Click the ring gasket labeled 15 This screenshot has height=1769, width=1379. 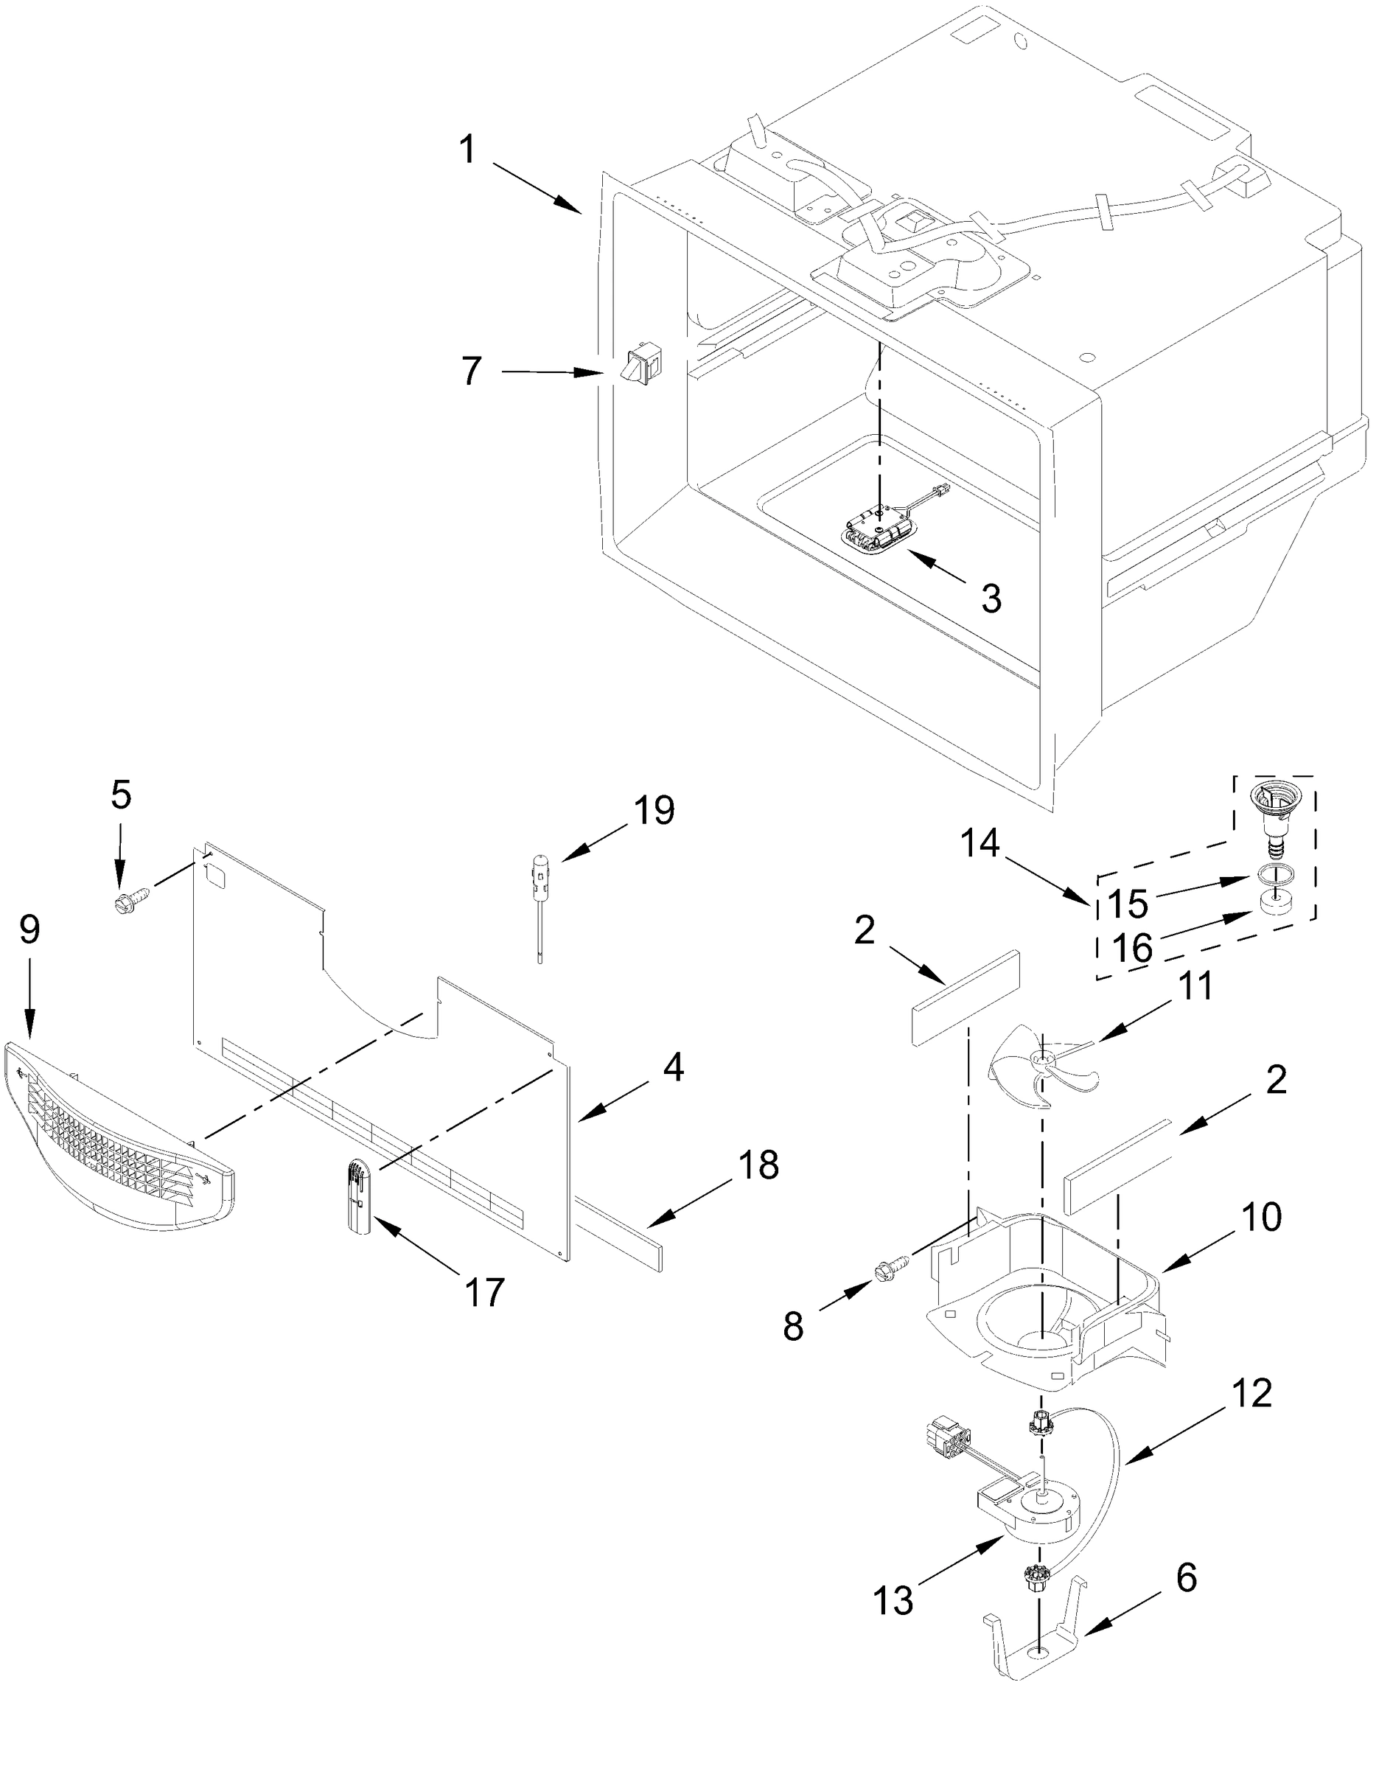pos(1275,874)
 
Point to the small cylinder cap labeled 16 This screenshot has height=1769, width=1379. pos(1275,901)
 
